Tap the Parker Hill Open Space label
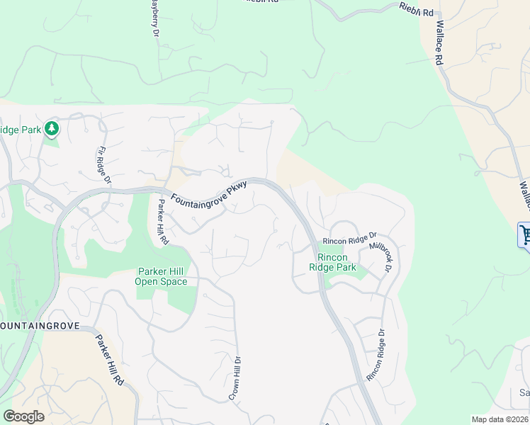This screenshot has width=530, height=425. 162,276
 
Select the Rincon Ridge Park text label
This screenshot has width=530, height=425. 332,262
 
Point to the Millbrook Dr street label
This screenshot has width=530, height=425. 380,258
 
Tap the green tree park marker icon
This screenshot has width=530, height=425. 51,128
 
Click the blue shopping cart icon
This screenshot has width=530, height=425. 525,234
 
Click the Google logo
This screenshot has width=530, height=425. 23,416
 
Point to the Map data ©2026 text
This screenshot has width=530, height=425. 500,419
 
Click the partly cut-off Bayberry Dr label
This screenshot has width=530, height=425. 154,18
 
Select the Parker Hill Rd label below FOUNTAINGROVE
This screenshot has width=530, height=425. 109,360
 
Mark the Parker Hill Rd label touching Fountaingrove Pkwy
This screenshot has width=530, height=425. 163,222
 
